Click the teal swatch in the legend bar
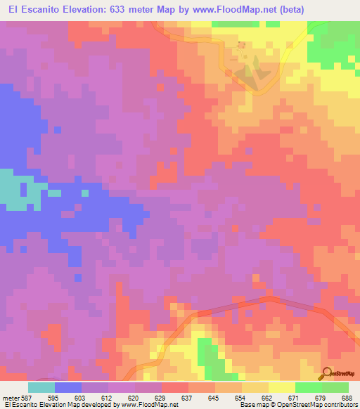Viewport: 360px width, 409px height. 41,387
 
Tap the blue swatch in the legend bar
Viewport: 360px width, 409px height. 68,387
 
